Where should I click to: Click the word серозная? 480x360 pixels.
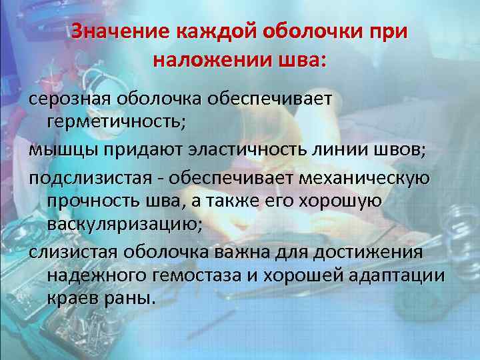[70, 98]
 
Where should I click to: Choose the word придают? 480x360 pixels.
[136, 148]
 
